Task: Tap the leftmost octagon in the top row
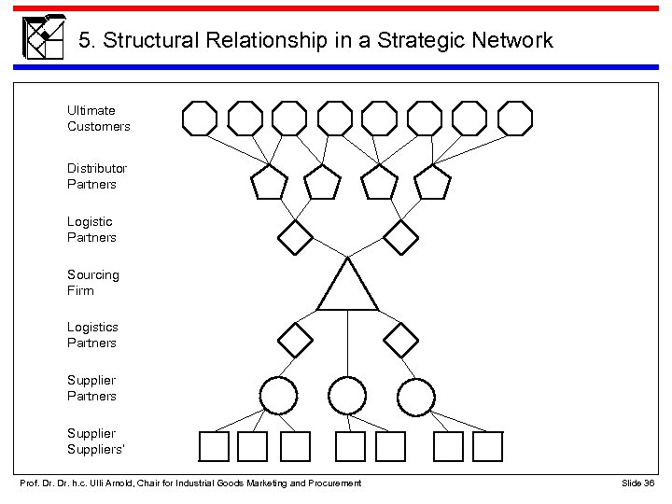point(199,119)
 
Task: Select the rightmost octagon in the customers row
point(514,119)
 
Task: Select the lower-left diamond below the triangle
point(297,340)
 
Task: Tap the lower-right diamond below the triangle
point(402,340)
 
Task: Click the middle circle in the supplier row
point(347,396)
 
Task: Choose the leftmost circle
point(277,396)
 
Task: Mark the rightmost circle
point(415,396)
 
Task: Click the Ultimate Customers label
point(98,119)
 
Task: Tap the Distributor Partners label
point(97,176)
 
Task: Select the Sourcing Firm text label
point(92,283)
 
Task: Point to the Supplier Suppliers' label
point(91,441)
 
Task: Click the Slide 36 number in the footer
point(638,482)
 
